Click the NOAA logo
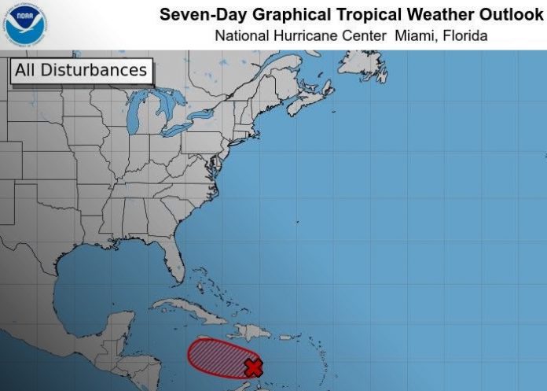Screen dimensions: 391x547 pyautogui.click(x=24, y=24)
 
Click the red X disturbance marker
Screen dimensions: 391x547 pyautogui.click(x=253, y=367)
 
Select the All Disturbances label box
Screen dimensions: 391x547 pyautogui.click(x=81, y=70)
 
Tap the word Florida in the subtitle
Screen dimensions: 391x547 pyautogui.click(x=465, y=35)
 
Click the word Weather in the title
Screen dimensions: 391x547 pyautogui.click(x=422, y=15)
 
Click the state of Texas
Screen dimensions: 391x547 pyautogui.click(x=39, y=236)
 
